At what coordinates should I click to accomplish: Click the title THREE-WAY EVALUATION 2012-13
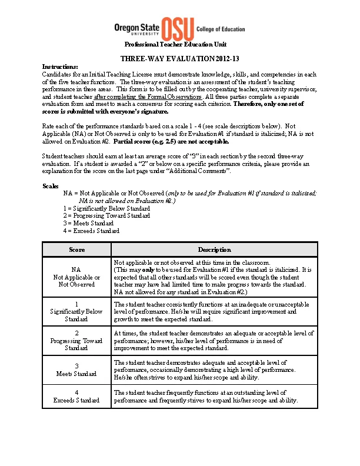point(180,59)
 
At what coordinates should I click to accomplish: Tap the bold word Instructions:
point(61,67)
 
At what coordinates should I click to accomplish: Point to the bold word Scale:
point(51,186)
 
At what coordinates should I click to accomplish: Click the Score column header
point(76,250)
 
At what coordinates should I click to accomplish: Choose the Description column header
point(214,250)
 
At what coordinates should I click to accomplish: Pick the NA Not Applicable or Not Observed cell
point(76,277)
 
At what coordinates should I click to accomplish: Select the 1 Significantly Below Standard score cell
point(76,311)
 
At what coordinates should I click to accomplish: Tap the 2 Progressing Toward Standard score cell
point(76,341)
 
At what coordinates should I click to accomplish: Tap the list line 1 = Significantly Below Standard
point(106,208)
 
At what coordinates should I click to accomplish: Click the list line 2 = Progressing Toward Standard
point(106,216)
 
